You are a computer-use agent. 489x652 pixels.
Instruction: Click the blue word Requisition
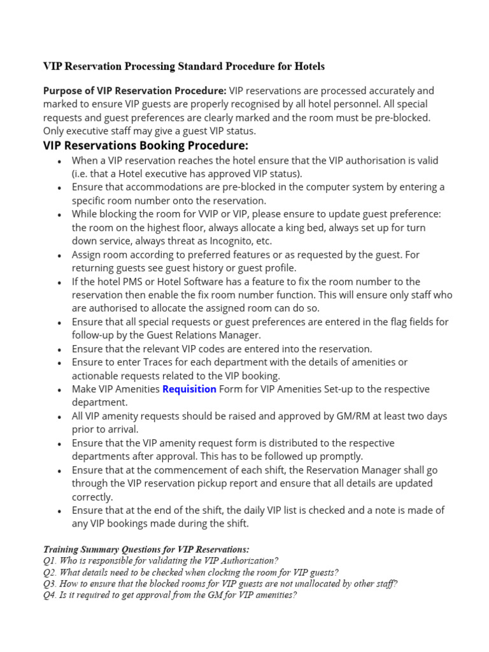189,389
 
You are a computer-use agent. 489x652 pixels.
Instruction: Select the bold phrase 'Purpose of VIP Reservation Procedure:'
134,91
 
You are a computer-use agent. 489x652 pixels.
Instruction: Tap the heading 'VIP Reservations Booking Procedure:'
145,145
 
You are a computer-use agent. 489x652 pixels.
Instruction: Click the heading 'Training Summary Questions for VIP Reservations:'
146,549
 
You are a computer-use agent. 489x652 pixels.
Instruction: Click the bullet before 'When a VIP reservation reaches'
59,162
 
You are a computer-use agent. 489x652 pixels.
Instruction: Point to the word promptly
343,457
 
